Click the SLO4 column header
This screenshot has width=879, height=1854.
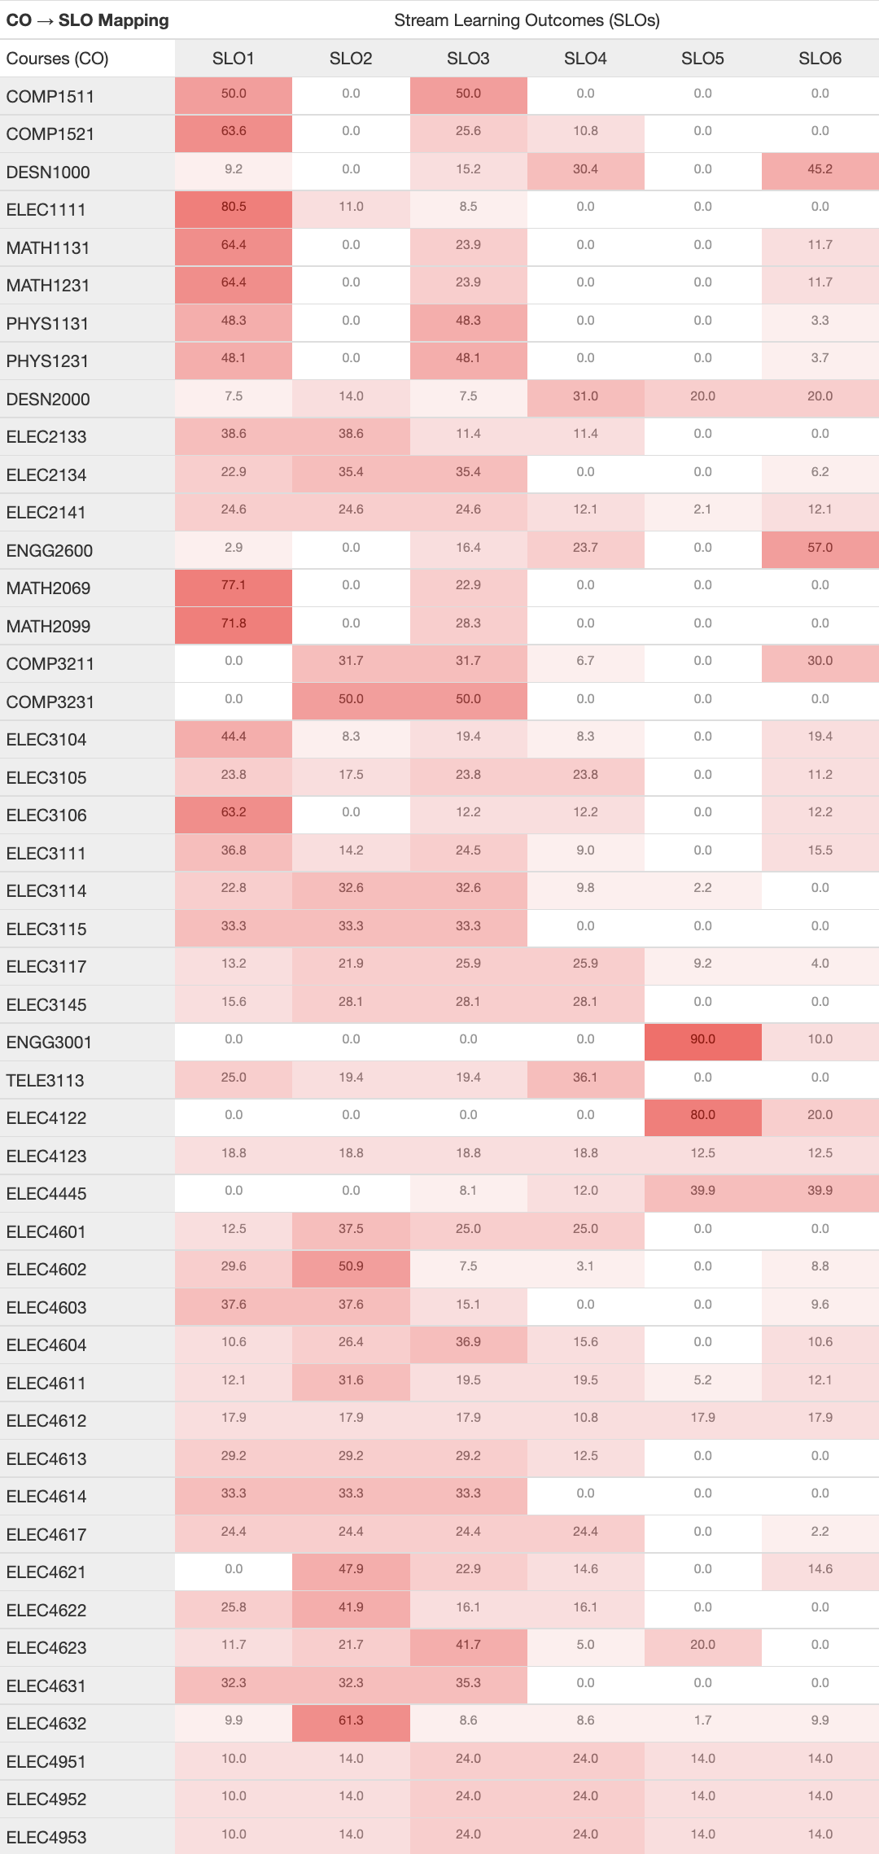[585, 59]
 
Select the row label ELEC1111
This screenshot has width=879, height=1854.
[46, 210]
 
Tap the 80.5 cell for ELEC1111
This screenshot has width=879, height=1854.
[234, 208]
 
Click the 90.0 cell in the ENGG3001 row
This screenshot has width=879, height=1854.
[702, 1040]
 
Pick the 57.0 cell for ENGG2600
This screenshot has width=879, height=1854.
[820, 549]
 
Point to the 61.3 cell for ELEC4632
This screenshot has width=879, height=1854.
[351, 1721]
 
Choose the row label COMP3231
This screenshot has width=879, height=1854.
[50, 702]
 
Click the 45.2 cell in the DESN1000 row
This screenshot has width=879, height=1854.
[820, 170]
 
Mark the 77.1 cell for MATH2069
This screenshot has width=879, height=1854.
[234, 586]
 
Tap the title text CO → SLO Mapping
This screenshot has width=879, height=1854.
[88, 20]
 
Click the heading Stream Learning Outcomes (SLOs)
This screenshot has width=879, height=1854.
[527, 20]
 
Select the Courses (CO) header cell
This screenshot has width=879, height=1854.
[58, 59]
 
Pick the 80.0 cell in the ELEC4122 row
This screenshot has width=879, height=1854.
[702, 1116]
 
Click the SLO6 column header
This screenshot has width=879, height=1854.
[820, 59]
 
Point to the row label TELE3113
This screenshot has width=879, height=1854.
[46, 1081]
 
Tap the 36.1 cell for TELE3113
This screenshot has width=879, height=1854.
[585, 1078]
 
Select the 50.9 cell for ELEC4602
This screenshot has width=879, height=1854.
[351, 1267]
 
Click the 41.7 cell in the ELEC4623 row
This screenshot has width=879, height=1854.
[468, 1646]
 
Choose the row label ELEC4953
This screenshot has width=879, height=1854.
[46, 1838]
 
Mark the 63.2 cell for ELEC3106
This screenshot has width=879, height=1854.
[234, 813]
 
